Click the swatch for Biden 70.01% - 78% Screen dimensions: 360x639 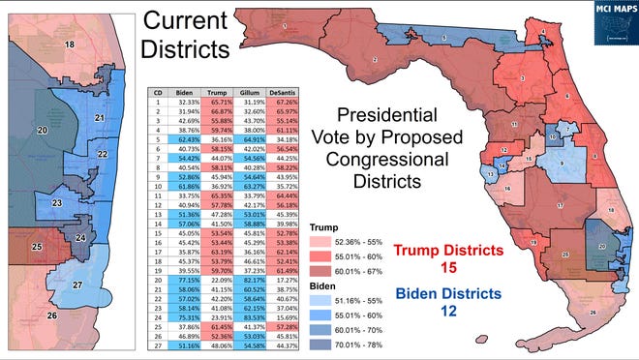pyautogui.click(x=319, y=341)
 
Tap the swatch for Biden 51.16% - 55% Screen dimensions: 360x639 pyautogui.click(x=319, y=303)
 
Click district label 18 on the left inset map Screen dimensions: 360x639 pyautogui.click(x=69, y=45)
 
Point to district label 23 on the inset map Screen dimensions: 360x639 pyautogui.click(x=58, y=202)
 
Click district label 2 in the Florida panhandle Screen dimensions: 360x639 pyautogui.click(x=375, y=61)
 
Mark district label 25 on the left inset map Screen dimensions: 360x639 pyautogui.click(x=38, y=248)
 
